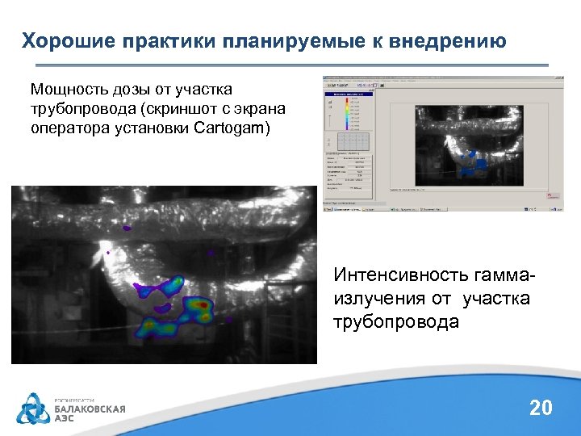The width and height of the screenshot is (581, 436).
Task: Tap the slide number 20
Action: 541,408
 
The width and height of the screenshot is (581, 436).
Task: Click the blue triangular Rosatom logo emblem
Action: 35,409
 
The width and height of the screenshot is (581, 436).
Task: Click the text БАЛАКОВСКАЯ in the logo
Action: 90,409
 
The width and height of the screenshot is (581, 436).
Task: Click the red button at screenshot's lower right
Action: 551,195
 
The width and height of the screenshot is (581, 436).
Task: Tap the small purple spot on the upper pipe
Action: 126,228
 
